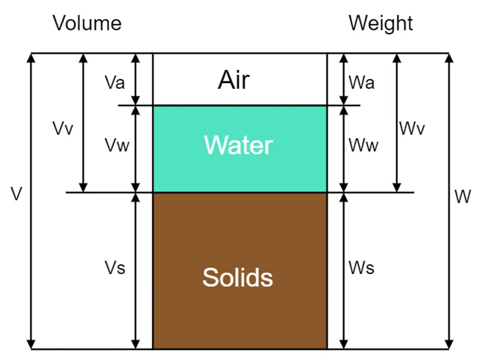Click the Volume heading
pos(87,24)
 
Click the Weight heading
pos(380,24)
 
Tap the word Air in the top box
pos(233,80)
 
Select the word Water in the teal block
pos(238,145)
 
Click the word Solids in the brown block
pos(238,278)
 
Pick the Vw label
pos(117,146)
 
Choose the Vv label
pos(63,128)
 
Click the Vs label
pos(115,268)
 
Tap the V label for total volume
pos(16,195)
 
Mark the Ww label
pos(364,146)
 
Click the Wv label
pos(412,128)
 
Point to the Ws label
pos(361,268)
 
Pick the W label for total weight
pos(462,197)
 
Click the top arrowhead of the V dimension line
pos(31,59)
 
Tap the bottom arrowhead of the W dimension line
pos(449,344)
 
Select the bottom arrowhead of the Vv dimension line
pos(83,187)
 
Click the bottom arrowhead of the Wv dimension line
pos(397,187)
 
